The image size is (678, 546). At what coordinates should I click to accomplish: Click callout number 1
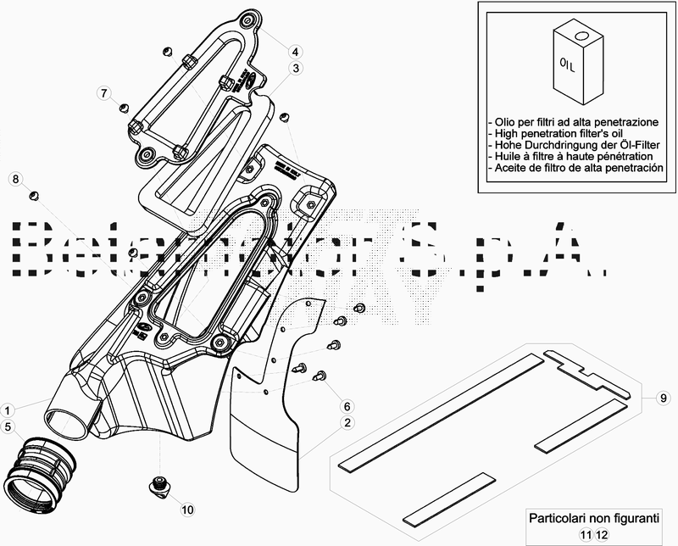(x=8, y=407)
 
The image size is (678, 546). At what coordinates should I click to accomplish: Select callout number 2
(x=347, y=422)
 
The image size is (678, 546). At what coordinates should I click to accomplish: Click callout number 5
(x=8, y=426)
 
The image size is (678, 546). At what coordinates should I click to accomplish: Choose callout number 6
(x=347, y=405)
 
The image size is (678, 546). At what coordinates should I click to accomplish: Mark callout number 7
(x=103, y=92)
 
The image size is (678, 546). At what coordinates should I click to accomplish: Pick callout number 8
(x=15, y=178)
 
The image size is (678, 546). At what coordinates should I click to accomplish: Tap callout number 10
(x=186, y=510)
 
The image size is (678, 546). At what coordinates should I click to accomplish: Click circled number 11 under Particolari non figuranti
(x=586, y=534)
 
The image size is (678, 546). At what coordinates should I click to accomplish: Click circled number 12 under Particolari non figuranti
(x=601, y=534)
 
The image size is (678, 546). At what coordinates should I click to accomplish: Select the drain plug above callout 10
(x=158, y=484)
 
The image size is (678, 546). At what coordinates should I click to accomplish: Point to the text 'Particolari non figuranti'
(x=593, y=517)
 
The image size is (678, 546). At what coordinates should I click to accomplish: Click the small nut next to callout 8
(x=35, y=197)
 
